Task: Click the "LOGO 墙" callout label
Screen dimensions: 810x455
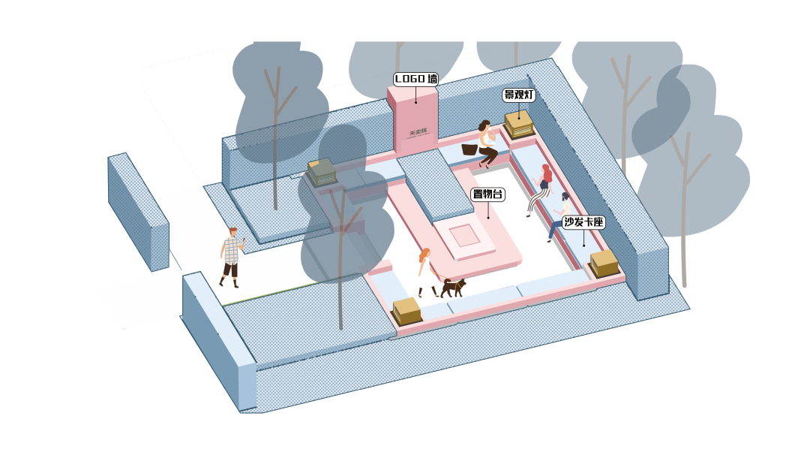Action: tap(415, 79)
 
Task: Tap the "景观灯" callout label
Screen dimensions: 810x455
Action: tap(518, 95)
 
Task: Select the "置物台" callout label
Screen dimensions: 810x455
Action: tap(487, 194)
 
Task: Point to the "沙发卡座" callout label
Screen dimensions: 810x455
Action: tap(583, 222)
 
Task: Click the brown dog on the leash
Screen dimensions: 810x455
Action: tap(453, 286)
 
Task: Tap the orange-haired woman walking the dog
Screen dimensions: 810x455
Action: tap(426, 271)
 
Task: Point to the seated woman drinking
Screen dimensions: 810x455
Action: tap(487, 142)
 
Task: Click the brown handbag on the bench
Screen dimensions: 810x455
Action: tap(469, 149)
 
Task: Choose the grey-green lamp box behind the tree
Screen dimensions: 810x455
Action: tap(322, 173)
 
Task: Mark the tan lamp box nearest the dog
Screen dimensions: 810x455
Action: tap(406, 310)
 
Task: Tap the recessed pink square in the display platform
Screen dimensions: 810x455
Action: tap(464, 234)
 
